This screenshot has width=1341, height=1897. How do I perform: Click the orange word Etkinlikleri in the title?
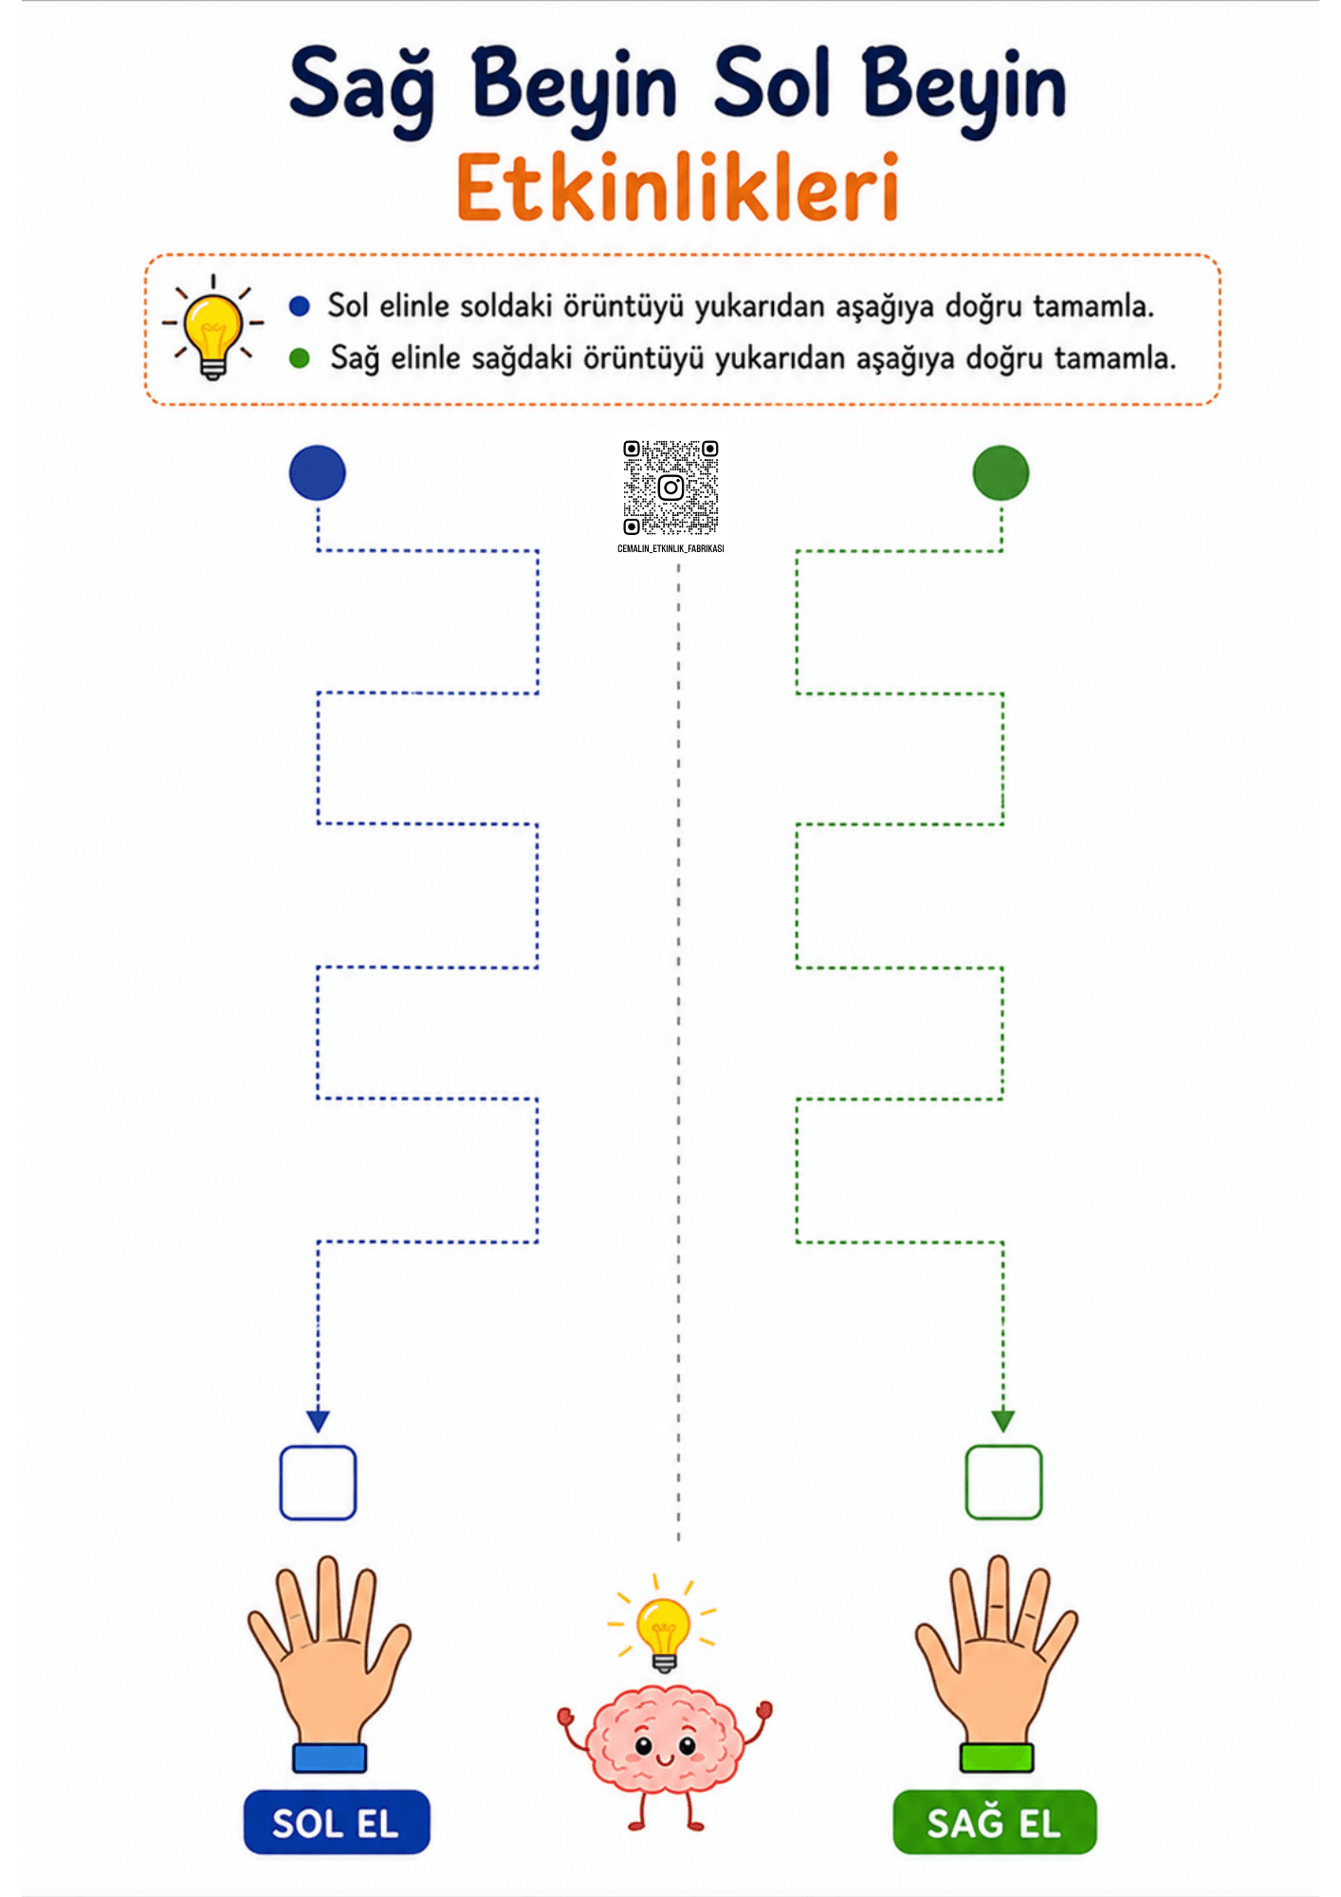[x=677, y=187]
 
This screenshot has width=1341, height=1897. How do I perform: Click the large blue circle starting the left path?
[x=317, y=472]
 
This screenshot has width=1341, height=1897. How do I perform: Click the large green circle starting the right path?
[x=1001, y=472]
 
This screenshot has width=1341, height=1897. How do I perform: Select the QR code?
[x=670, y=488]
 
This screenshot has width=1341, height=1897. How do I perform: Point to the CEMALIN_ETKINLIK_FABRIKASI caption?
[x=670, y=548]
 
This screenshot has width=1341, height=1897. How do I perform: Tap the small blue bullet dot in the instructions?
[x=300, y=305]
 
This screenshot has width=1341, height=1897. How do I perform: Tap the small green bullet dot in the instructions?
[x=300, y=358]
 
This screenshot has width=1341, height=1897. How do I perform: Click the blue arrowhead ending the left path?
[x=318, y=1421]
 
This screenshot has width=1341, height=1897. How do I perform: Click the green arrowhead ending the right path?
[x=1003, y=1421]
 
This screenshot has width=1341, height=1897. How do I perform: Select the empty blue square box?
[x=318, y=1483]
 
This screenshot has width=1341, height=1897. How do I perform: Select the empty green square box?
[x=1003, y=1483]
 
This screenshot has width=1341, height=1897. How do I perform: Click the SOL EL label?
[x=337, y=1822]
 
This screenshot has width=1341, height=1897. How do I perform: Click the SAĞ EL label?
[x=995, y=1822]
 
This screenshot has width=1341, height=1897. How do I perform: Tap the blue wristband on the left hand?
[x=329, y=1758]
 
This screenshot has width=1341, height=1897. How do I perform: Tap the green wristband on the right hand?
[x=997, y=1758]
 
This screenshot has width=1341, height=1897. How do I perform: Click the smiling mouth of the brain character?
[x=664, y=1760]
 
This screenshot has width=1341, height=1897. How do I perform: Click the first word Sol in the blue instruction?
[x=347, y=305]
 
